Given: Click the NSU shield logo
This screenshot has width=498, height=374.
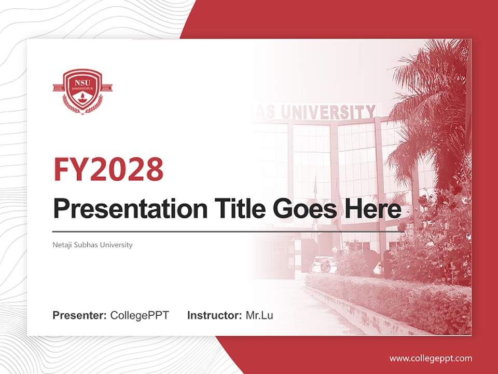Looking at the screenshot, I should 82,91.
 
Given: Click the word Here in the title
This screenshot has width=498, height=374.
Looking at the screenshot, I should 374,209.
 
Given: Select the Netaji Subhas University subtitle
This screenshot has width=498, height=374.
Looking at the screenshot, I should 92,245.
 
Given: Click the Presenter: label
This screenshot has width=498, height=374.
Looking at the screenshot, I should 80,315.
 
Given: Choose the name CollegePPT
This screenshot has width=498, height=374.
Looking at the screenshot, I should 140,315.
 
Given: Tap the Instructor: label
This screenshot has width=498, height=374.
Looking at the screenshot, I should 214,315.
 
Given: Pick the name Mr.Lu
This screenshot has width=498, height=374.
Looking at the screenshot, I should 259,315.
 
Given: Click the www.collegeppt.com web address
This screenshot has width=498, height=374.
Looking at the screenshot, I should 431,358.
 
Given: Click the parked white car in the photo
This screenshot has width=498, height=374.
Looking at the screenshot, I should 323,264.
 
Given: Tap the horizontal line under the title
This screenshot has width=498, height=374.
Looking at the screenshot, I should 228,231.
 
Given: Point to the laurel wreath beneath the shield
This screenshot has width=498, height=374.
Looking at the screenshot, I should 82,106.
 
